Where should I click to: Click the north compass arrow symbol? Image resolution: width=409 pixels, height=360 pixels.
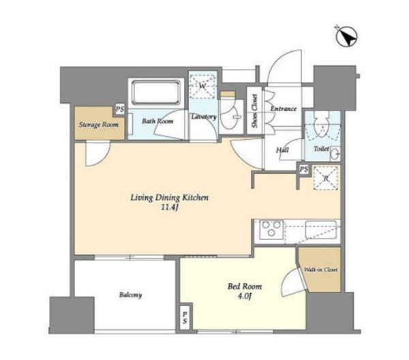[346, 37]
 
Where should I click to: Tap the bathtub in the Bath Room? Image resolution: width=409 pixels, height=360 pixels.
[156, 92]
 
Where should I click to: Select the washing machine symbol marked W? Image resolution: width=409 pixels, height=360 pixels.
[202, 86]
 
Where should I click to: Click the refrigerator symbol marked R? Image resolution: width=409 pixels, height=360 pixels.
[326, 178]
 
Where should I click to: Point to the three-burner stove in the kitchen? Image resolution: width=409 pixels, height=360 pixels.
[271, 229]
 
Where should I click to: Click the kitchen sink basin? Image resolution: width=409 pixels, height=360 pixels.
[321, 229]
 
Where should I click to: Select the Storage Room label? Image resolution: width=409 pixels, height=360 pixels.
[99, 125]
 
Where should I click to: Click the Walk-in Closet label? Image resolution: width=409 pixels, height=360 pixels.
[321, 270]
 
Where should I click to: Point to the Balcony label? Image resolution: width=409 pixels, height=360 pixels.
[130, 295]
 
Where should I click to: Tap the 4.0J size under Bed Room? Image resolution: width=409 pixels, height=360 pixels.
[244, 296]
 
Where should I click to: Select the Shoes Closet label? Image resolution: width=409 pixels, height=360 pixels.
[254, 111]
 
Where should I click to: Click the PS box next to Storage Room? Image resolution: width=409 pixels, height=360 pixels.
[120, 109]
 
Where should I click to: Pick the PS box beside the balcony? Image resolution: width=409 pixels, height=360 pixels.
[185, 318]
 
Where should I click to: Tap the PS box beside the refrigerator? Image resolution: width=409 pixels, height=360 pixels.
[303, 170]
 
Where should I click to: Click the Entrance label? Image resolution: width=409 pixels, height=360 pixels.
[284, 108]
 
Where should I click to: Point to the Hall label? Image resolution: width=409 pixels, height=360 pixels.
[282, 150]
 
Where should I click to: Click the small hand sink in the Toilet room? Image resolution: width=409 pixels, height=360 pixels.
[335, 154]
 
